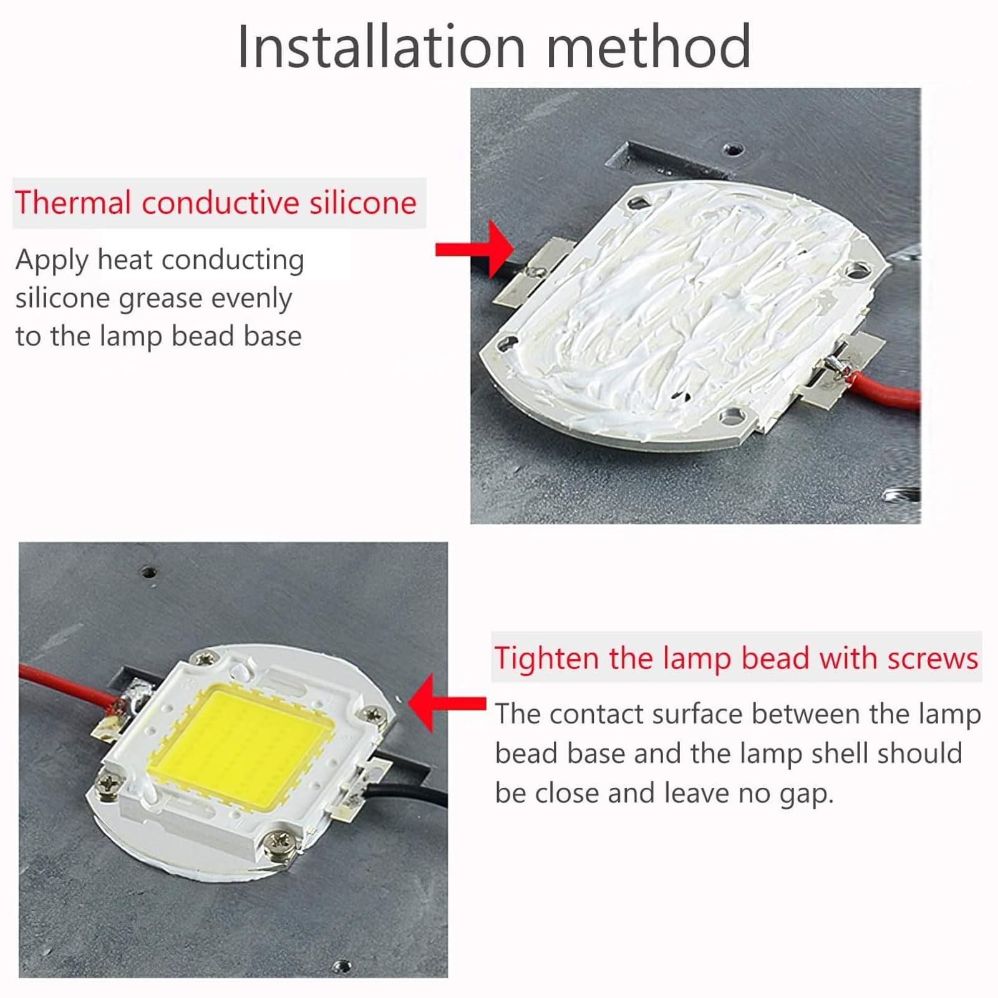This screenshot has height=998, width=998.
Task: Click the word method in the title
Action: (x=649, y=46)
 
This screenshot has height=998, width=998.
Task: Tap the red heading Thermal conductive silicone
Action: (x=216, y=203)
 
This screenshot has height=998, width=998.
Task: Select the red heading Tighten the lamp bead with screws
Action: (x=736, y=658)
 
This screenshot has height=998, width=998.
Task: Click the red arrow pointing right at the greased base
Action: (x=474, y=249)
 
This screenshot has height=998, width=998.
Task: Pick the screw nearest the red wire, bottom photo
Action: (x=204, y=657)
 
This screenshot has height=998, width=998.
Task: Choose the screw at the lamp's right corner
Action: (x=374, y=714)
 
